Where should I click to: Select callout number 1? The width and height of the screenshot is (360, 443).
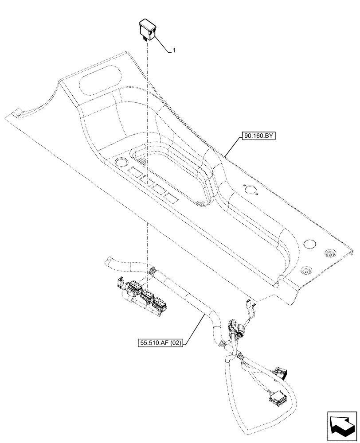174,51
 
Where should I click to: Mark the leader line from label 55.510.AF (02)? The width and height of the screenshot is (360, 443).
195,328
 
